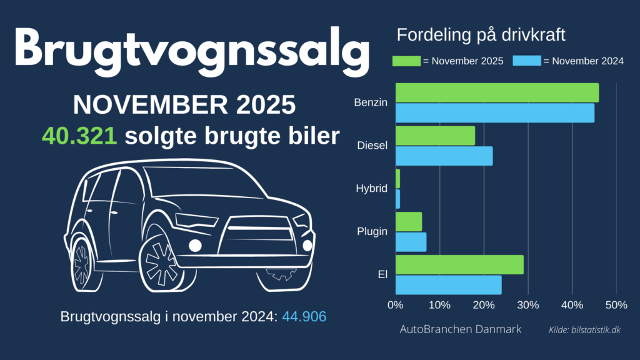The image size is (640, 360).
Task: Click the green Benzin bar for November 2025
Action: [x=497, y=92]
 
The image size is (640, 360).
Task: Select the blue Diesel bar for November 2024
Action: [x=444, y=156]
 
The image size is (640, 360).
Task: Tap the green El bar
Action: [x=459, y=264]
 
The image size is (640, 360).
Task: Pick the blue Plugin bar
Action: [x=411, y=242]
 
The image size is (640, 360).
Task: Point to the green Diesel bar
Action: [x=435, y=136]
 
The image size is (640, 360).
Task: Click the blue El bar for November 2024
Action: [x=448, y=285]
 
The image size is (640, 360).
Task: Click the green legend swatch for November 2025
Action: [x=407, y=61]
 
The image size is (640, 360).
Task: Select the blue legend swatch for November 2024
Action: [x=526, y=61]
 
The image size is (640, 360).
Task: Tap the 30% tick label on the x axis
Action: [x=528, y=306]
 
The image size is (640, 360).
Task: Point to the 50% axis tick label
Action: [x=616, y=306]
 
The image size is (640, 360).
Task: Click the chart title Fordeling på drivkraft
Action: [x=481, y=35]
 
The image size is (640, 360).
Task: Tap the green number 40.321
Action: [x=79, y=136]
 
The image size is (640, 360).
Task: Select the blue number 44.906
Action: [x=304, y=316]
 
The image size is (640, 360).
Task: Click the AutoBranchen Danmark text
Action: [x=460, y=329]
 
